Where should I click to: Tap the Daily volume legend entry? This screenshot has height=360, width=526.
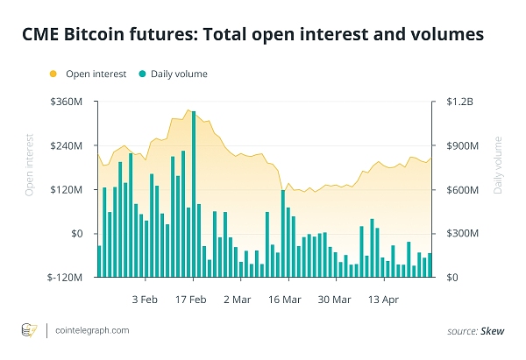coord(180,74)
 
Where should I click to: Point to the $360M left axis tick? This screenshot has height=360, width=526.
coord(67,102)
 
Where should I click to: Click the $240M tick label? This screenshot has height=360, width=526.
coord(67,146)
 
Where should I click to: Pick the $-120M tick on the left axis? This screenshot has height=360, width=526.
coord(65,278)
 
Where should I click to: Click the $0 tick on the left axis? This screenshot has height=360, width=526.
coord(76,234)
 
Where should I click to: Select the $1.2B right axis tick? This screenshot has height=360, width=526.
coord(459,102)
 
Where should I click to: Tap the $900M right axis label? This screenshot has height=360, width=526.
coord(462,146)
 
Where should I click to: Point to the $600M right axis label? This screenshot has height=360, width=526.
coord(462,190)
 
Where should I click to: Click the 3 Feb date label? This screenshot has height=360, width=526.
coord(145,299)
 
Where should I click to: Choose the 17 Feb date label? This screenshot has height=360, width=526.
coord(192,299)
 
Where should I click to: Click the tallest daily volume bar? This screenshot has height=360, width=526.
coord(193,193)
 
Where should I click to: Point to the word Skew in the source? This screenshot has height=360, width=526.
coord(492,331)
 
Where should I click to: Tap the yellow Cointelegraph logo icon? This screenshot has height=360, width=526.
coord(28,330)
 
